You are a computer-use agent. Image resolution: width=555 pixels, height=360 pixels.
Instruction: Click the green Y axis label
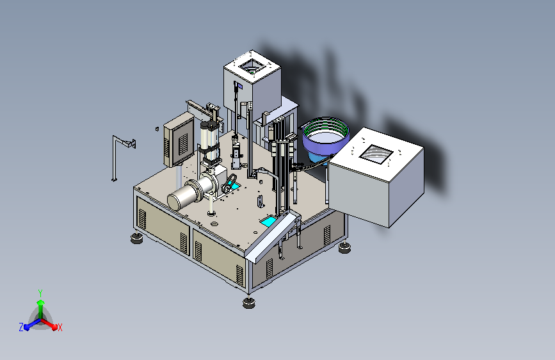click(x=40, y=293)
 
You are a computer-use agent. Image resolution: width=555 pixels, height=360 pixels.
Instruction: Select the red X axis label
click(x=60, y=327)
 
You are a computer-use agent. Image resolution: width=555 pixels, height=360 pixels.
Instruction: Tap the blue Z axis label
click(x=21, y=327)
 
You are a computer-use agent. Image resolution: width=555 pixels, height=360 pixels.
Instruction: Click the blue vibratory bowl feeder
click(x=325, y=138)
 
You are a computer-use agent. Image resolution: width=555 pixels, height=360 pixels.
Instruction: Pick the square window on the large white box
click(x=376, y=154)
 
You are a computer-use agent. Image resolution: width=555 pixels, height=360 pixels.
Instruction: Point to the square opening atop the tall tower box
click(x=252, y=67)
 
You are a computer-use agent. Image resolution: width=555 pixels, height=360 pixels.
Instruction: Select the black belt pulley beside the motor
click(x=229, y=183)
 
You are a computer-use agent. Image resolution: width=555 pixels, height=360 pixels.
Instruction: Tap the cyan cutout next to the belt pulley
click(x=235, y=186)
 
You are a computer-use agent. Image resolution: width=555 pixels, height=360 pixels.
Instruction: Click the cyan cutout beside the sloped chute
click(x=268, y=222)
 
